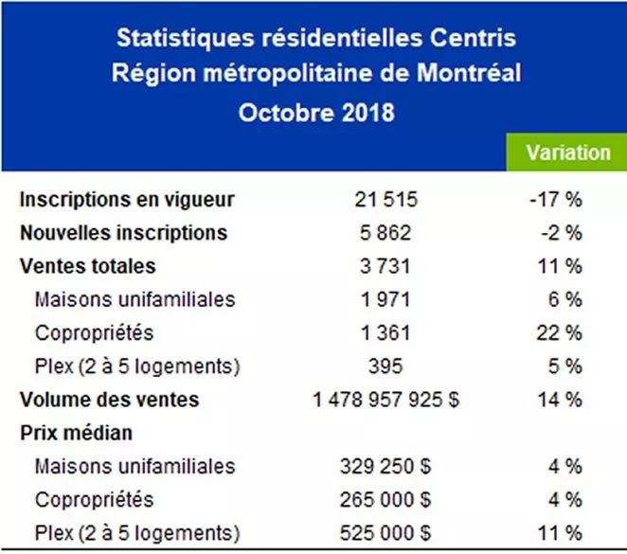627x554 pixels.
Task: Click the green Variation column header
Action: point(568,152)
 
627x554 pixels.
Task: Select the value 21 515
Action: point(385,200)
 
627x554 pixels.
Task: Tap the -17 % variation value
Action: point(556,200)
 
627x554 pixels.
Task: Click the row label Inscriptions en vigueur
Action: point(127,200)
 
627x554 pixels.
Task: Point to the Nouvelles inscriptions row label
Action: point(123,233)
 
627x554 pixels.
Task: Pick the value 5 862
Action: point(385,233)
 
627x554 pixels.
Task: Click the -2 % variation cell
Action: point(561,233)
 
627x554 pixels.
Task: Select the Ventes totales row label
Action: point(87,266)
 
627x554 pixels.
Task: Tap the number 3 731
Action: point(385,266)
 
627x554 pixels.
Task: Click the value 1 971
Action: point(385,299)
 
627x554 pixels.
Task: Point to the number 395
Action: point(385,366)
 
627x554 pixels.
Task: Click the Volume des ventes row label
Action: point(109,400)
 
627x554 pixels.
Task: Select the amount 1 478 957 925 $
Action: point(386,400)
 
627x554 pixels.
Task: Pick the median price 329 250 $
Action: point(385,466)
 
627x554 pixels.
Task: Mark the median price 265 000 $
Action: point(385,499)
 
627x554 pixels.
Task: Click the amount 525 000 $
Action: point(385,532)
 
